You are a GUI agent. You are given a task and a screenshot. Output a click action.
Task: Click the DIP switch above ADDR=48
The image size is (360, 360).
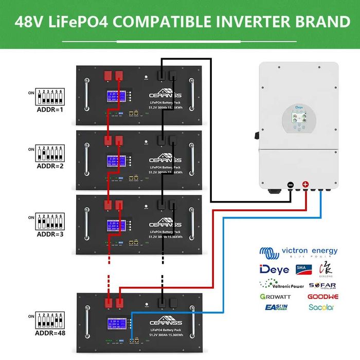(49, 320)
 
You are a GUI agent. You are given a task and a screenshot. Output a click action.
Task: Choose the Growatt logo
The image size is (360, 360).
(276, 297)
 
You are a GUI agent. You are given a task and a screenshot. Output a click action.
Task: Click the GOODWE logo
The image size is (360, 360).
(322, 297)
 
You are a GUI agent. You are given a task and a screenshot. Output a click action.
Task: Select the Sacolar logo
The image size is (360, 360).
(321, 308)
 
